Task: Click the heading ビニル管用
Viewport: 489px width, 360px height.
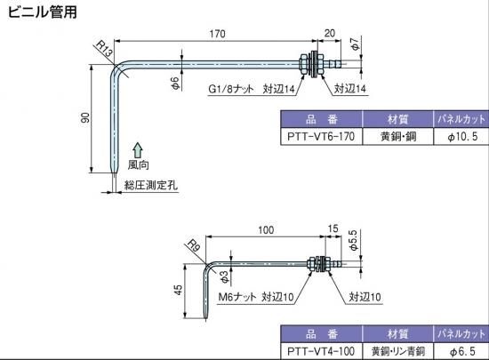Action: click(42, 12)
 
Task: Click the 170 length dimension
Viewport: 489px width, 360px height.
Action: click(217, 34)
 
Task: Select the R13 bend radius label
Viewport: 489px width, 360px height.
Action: click(104, 49)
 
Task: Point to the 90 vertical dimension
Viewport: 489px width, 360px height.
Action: click(84, 117)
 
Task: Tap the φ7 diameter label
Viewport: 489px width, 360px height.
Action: click(356, 44)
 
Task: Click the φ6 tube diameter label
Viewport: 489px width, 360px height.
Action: click(175, 84)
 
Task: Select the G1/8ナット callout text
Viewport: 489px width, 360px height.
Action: click(231, 89)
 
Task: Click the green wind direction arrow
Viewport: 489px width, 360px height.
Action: click(138, 150)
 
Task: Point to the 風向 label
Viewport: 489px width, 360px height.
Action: click(139, 164)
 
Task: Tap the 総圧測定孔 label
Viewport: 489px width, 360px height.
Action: click(151, 185)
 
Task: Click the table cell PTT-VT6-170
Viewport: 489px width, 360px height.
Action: click(321, 137)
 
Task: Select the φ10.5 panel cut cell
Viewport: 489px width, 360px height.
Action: click(461, 137)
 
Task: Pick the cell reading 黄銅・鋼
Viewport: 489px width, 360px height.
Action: click(398, 137)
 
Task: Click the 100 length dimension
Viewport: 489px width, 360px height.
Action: click(266, 230)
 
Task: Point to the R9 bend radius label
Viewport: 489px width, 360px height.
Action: click(193, 246)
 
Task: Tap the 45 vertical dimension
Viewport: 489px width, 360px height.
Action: click(178, 290)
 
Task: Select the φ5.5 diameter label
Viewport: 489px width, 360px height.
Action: click(353, 240)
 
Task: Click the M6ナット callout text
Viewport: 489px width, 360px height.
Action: click(237, 297)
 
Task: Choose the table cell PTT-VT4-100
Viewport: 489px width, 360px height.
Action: click(321, 351)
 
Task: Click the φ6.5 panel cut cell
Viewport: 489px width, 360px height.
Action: click(461, 351)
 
